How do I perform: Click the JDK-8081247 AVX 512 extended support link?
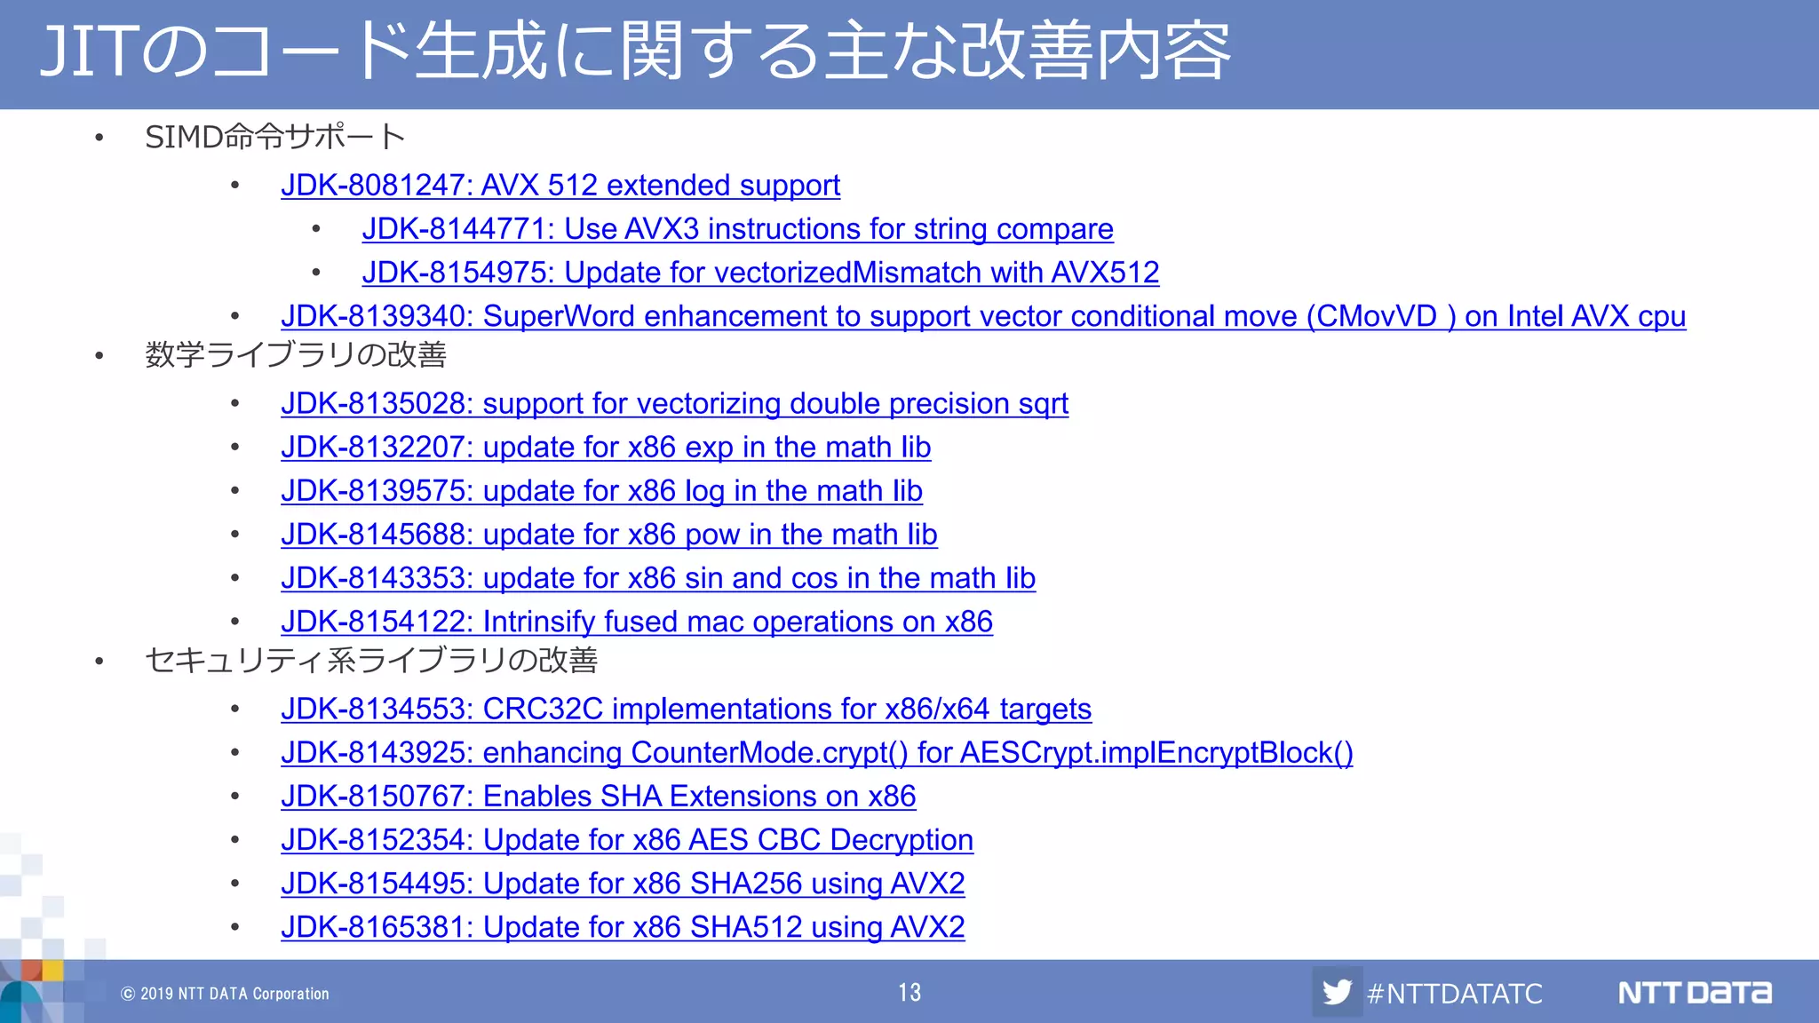coord(560,186)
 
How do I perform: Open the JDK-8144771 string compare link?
coord(737,229)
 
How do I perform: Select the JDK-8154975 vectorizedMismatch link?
coord(760,273)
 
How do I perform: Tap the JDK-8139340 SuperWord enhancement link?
coord(982,316)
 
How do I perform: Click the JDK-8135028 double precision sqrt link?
coord(674,404)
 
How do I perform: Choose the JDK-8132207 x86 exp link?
coord(606,448)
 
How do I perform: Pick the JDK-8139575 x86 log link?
coord(601,491)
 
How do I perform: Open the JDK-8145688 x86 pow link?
coord(608,535)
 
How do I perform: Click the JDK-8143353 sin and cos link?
coord(658,578)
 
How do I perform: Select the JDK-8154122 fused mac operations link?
coord(636,622)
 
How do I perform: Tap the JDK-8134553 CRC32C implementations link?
coord(686,710)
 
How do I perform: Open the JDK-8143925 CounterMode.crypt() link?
coord(816,753)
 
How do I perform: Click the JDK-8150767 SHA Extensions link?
coord(598,797)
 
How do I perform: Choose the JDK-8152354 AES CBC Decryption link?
coord(627,840)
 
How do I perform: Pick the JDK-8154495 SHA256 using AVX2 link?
coord(623,884)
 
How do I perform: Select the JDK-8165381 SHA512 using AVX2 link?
coord(623,927)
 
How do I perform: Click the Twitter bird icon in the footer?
coord(1337,992)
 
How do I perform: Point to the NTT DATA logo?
coord(1694,992)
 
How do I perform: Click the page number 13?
coord(909,992)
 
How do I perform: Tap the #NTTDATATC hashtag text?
coord(1454,993)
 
